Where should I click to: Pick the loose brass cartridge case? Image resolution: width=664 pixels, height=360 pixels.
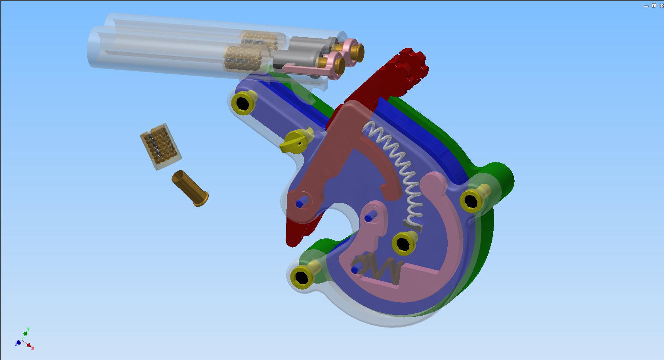point(190,188)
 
